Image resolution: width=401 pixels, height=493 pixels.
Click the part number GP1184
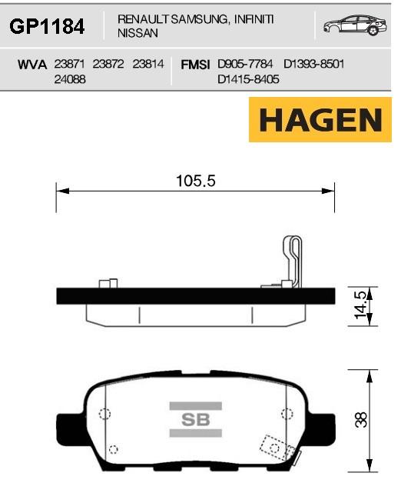pos(46,28)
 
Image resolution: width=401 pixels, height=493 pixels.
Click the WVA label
pos(32,65)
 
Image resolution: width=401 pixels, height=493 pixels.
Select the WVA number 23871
pos(70,65)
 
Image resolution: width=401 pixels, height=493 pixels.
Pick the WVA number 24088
pos(70,79)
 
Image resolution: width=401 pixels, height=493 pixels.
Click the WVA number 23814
pos(148,65)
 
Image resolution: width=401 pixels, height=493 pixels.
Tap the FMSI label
pos(195,65)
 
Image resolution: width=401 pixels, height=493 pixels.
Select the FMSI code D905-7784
pos(246,65)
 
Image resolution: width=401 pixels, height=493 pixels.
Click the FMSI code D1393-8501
pos(314,65)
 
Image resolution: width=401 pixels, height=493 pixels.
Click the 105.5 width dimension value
pos(195,182)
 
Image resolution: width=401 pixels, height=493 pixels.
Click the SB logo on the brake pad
pos(190,419)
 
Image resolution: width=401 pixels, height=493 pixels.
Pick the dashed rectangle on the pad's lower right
pos(273,447)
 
